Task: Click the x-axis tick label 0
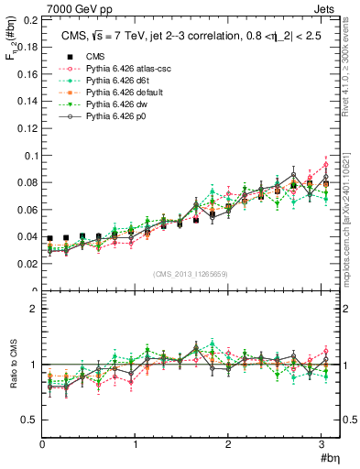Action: [x=42, y=445]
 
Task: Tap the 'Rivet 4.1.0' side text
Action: [x=350, y=70]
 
